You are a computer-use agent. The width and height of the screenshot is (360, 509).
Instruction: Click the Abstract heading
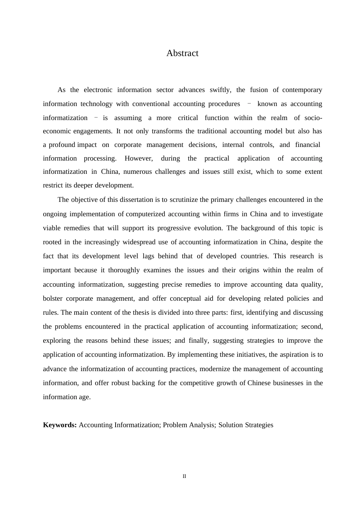[x=182, y=53]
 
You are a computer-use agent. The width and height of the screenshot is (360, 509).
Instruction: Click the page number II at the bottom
[x=185, y=476]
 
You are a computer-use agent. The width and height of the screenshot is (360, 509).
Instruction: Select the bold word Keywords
[x=60, y=425]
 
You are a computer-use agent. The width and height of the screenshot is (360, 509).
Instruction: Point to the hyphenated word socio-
[x=313, y=118]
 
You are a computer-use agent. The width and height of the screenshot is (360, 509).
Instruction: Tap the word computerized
[x=146, y=214]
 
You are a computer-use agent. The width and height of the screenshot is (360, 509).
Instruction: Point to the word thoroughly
[x=124, y=270]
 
